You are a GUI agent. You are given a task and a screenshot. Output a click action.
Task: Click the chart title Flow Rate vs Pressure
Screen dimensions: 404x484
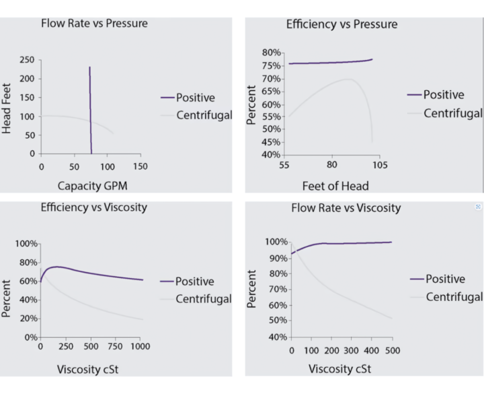tap(94, 24)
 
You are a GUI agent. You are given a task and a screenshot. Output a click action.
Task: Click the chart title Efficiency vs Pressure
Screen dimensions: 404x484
tap(341, 24)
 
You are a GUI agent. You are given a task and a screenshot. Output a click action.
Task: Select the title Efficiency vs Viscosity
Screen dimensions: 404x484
tap(93, 207)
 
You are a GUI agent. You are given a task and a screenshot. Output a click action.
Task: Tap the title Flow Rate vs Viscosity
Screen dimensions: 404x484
tap(346, 208)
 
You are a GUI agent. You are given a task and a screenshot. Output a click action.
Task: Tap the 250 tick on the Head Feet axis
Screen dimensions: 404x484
tap(26, 60)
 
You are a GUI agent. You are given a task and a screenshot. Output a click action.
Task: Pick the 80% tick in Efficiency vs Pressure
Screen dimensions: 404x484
tap(271, 53)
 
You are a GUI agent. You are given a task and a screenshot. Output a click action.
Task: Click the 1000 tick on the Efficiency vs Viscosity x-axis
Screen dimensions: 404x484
tap(140, 347)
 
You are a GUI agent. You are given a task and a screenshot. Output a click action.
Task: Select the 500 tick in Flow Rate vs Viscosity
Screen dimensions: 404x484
tap(392, 350)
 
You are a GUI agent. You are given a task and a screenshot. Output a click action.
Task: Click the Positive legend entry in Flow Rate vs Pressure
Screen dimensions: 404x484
tap(195, 98)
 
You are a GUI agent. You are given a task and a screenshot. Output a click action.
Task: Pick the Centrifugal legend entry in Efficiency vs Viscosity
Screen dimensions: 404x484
tap(203, 298)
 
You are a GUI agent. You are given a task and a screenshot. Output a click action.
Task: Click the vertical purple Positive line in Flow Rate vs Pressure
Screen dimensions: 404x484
tap(90, 108)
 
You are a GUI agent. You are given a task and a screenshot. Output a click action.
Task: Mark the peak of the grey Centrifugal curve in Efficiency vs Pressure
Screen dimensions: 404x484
tap(348, 79)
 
